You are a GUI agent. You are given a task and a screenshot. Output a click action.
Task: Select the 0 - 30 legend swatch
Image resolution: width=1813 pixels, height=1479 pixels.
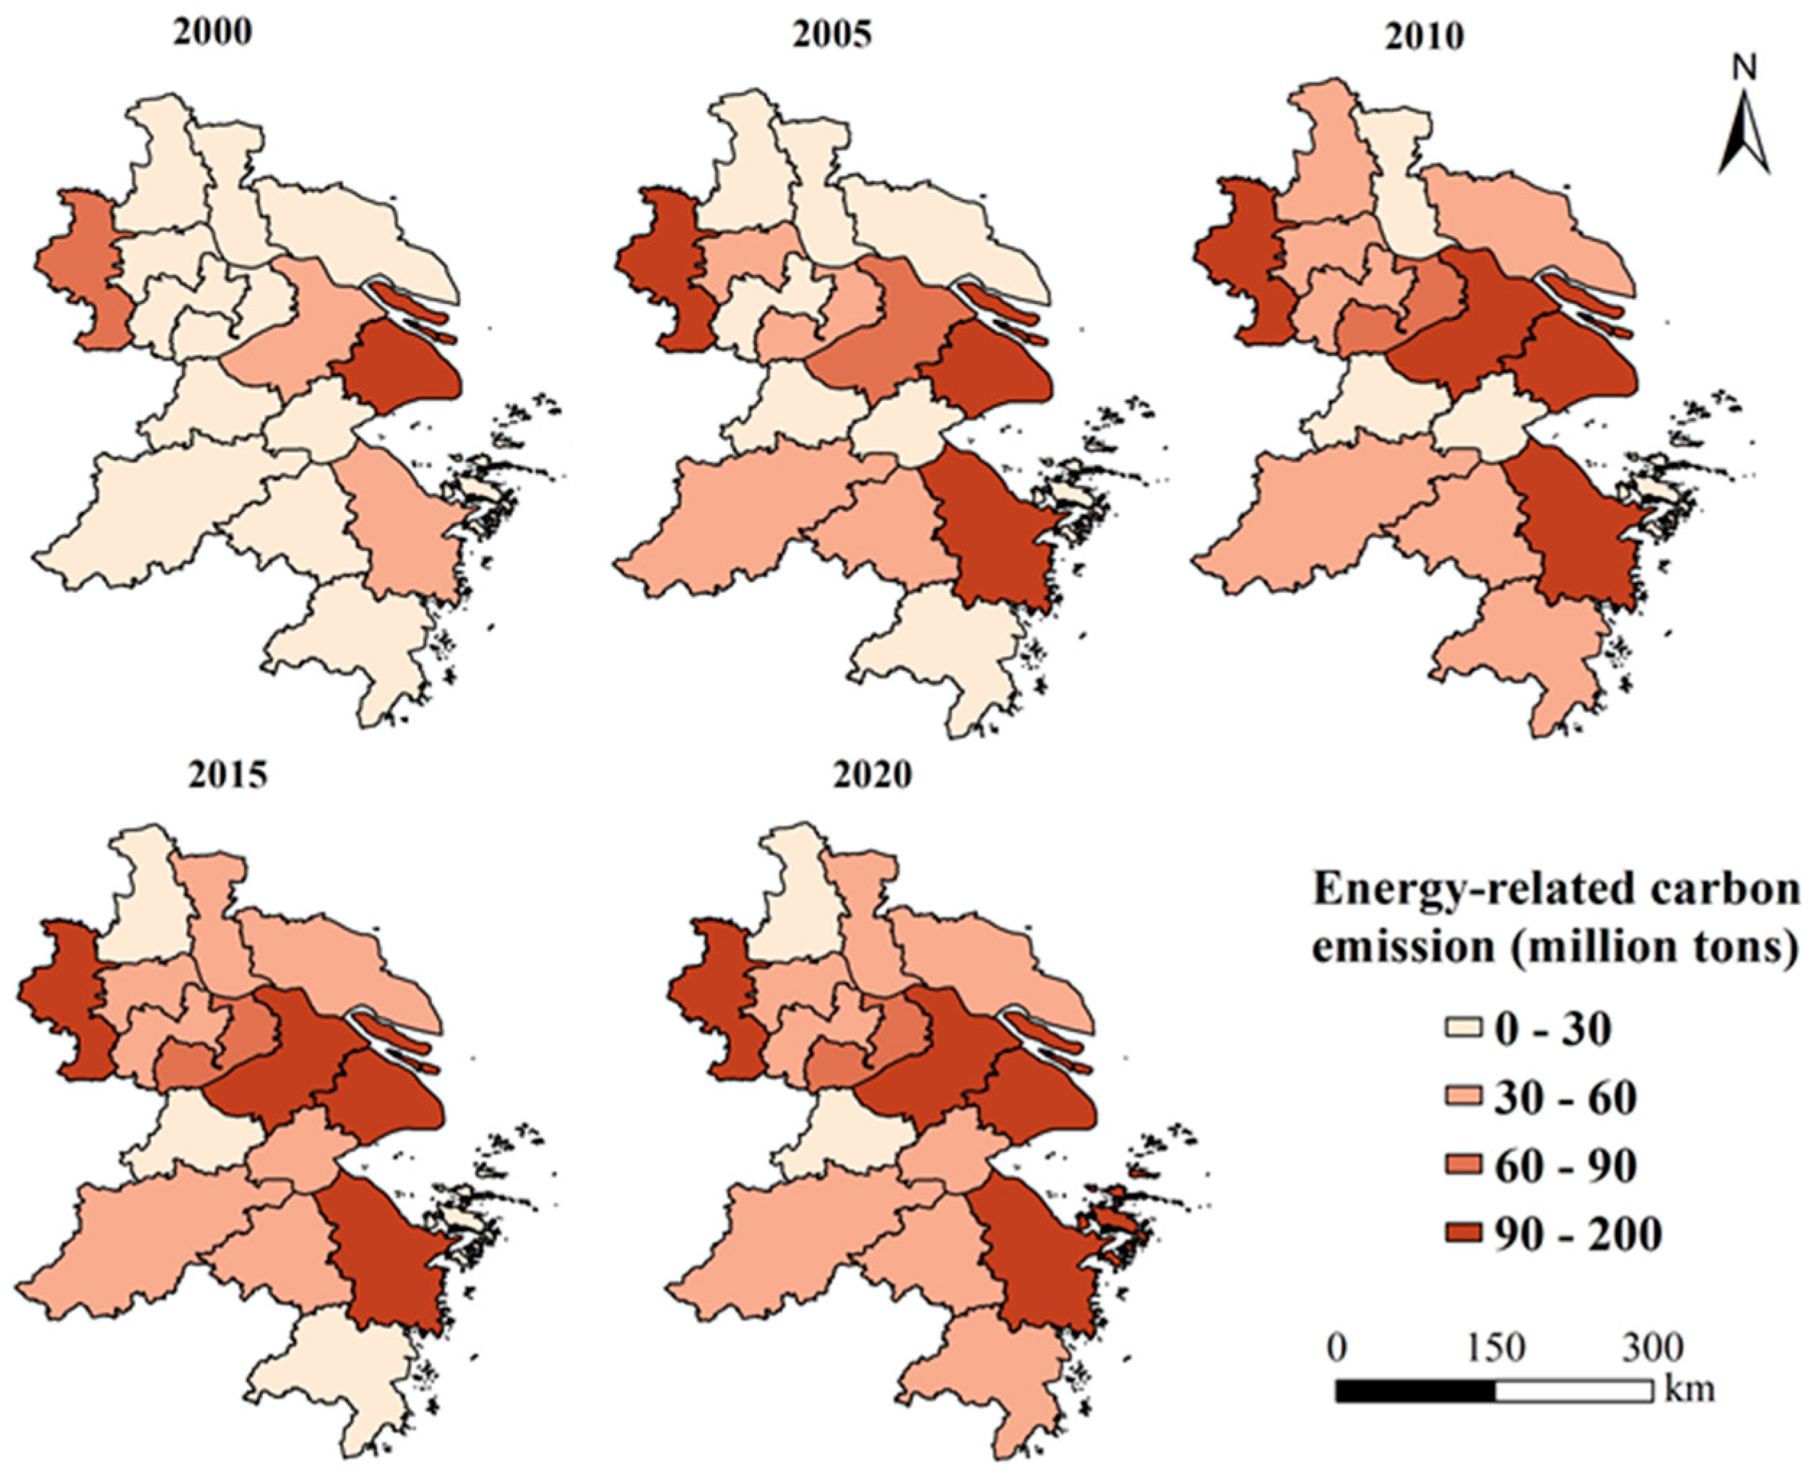pos(1467,1030)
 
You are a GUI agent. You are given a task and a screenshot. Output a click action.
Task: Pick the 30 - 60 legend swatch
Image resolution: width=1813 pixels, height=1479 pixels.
pos(1467,1098)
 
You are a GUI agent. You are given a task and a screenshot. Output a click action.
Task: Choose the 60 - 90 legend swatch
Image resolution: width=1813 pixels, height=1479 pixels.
pos(1467,1166)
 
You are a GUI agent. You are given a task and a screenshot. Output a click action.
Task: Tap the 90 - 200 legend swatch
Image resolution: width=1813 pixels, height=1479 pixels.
pos(1467,1234)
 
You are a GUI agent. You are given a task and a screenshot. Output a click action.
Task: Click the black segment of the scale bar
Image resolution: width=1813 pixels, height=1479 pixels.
pos(1415,1389)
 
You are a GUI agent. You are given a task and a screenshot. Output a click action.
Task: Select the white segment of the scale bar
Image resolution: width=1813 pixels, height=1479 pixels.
pos(1574,1389)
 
